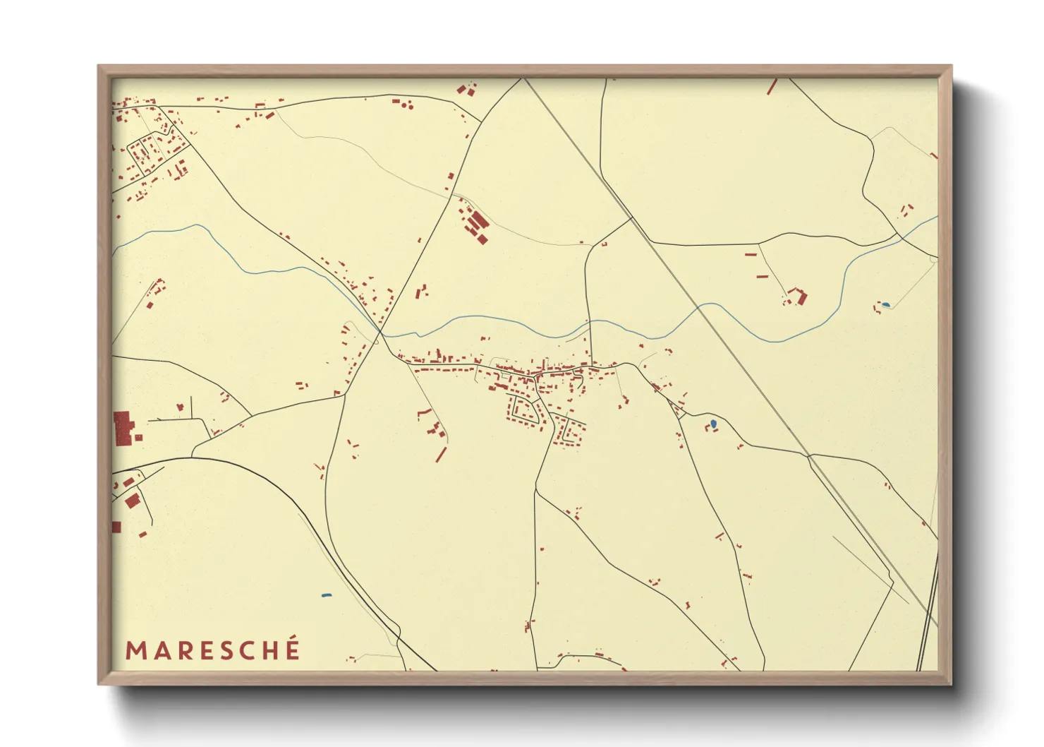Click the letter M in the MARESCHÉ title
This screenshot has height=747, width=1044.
[135, 650]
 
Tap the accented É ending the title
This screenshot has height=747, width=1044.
[291, 649]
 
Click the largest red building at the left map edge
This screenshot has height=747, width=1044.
[123, 429]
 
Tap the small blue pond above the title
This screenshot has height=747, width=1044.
[326, 595]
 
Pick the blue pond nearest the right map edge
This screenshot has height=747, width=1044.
[885, 305]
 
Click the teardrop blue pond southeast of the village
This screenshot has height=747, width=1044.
[713, 424]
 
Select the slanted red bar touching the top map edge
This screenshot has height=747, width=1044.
[772, 87]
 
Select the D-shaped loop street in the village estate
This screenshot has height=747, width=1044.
[524, 410]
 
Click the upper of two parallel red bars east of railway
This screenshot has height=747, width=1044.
[751, 253]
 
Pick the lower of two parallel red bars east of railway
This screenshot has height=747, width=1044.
[762, 276]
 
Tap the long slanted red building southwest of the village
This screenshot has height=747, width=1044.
[441, 454]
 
